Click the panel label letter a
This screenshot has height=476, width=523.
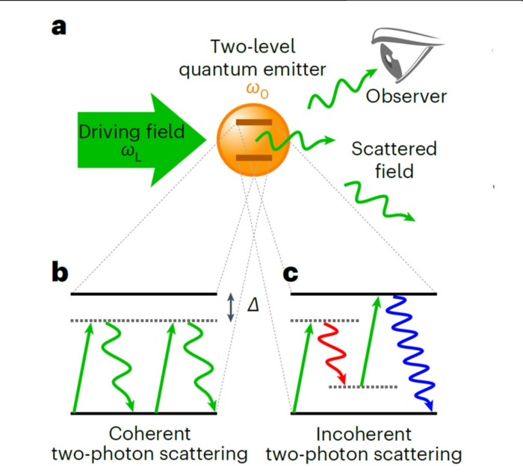point(59,28)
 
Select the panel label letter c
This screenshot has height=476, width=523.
point(291,274)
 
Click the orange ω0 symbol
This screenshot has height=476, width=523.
point(257,90)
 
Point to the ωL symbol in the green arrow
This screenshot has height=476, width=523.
point(131,153)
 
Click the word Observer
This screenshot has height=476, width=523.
point(406,96)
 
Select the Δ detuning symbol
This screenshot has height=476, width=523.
point(253,305)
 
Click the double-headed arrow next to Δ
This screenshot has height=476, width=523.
point(230,307)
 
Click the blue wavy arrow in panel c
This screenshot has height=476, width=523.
point(410,353)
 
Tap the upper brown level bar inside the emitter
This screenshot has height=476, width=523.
point(254,123)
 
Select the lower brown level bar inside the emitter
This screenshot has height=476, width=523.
point(254,158)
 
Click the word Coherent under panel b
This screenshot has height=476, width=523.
point(149,433)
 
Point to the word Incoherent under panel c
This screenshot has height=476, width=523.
point(364,434)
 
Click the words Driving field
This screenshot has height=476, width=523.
point(131,132)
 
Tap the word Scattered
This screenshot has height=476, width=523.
point(394,149)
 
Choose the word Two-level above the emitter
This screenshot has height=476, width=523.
point(253,46)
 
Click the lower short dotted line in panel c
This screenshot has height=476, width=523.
point(363,387)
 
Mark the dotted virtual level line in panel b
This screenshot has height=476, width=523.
point(144,321)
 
